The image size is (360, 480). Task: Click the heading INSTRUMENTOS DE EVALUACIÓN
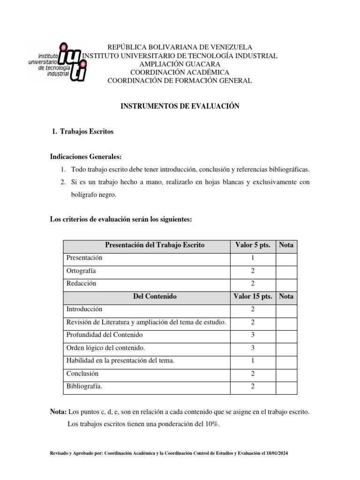(180, 106)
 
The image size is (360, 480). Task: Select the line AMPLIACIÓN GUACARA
(180, 64)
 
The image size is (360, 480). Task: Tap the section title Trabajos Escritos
(87, 132)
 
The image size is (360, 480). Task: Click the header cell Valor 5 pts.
(253, 245)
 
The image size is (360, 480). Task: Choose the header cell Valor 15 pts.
(253, 296)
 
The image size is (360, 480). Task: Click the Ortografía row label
(82, 271)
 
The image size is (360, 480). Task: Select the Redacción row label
(81, 284)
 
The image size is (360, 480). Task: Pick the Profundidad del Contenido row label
(105, 335)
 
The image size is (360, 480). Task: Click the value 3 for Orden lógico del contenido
(253, 348)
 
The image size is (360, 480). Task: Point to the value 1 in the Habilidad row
(253, 361)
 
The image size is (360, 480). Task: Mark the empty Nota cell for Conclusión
(286, 374)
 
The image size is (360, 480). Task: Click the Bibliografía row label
(84, 387)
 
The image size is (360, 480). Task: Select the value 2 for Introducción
(253, 309)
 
